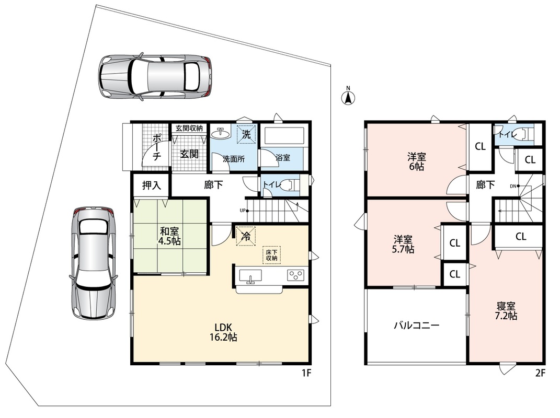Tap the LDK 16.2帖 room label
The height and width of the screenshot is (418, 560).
click(x=223, y=332)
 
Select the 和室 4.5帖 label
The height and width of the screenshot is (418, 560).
click(x=169, y=236)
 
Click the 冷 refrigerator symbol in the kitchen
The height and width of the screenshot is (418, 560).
click(x=246, y=236)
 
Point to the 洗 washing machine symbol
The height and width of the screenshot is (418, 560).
click(x=247, y=134)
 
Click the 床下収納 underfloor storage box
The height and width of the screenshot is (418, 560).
click(x=272, y=255)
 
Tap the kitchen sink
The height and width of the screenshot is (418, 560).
click(x=250, y=276)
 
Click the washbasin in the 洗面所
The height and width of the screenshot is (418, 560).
click(x=220, y=133)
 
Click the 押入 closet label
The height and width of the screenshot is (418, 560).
click(x=152, y=185)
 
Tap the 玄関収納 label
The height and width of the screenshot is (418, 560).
click(x=189, y=128)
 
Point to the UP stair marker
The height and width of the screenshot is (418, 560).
click(x=243, y=211)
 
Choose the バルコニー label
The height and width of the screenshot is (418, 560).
click(x=416, y=325)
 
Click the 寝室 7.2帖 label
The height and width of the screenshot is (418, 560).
click(x=506, y=311)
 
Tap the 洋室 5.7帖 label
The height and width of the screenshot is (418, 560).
click(x=403, y=244)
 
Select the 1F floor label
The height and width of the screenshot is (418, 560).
click(x=307, y=373)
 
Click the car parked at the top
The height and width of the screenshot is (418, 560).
click(x=155, y=77)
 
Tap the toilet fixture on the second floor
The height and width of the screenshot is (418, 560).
click(x=525, y=134)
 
